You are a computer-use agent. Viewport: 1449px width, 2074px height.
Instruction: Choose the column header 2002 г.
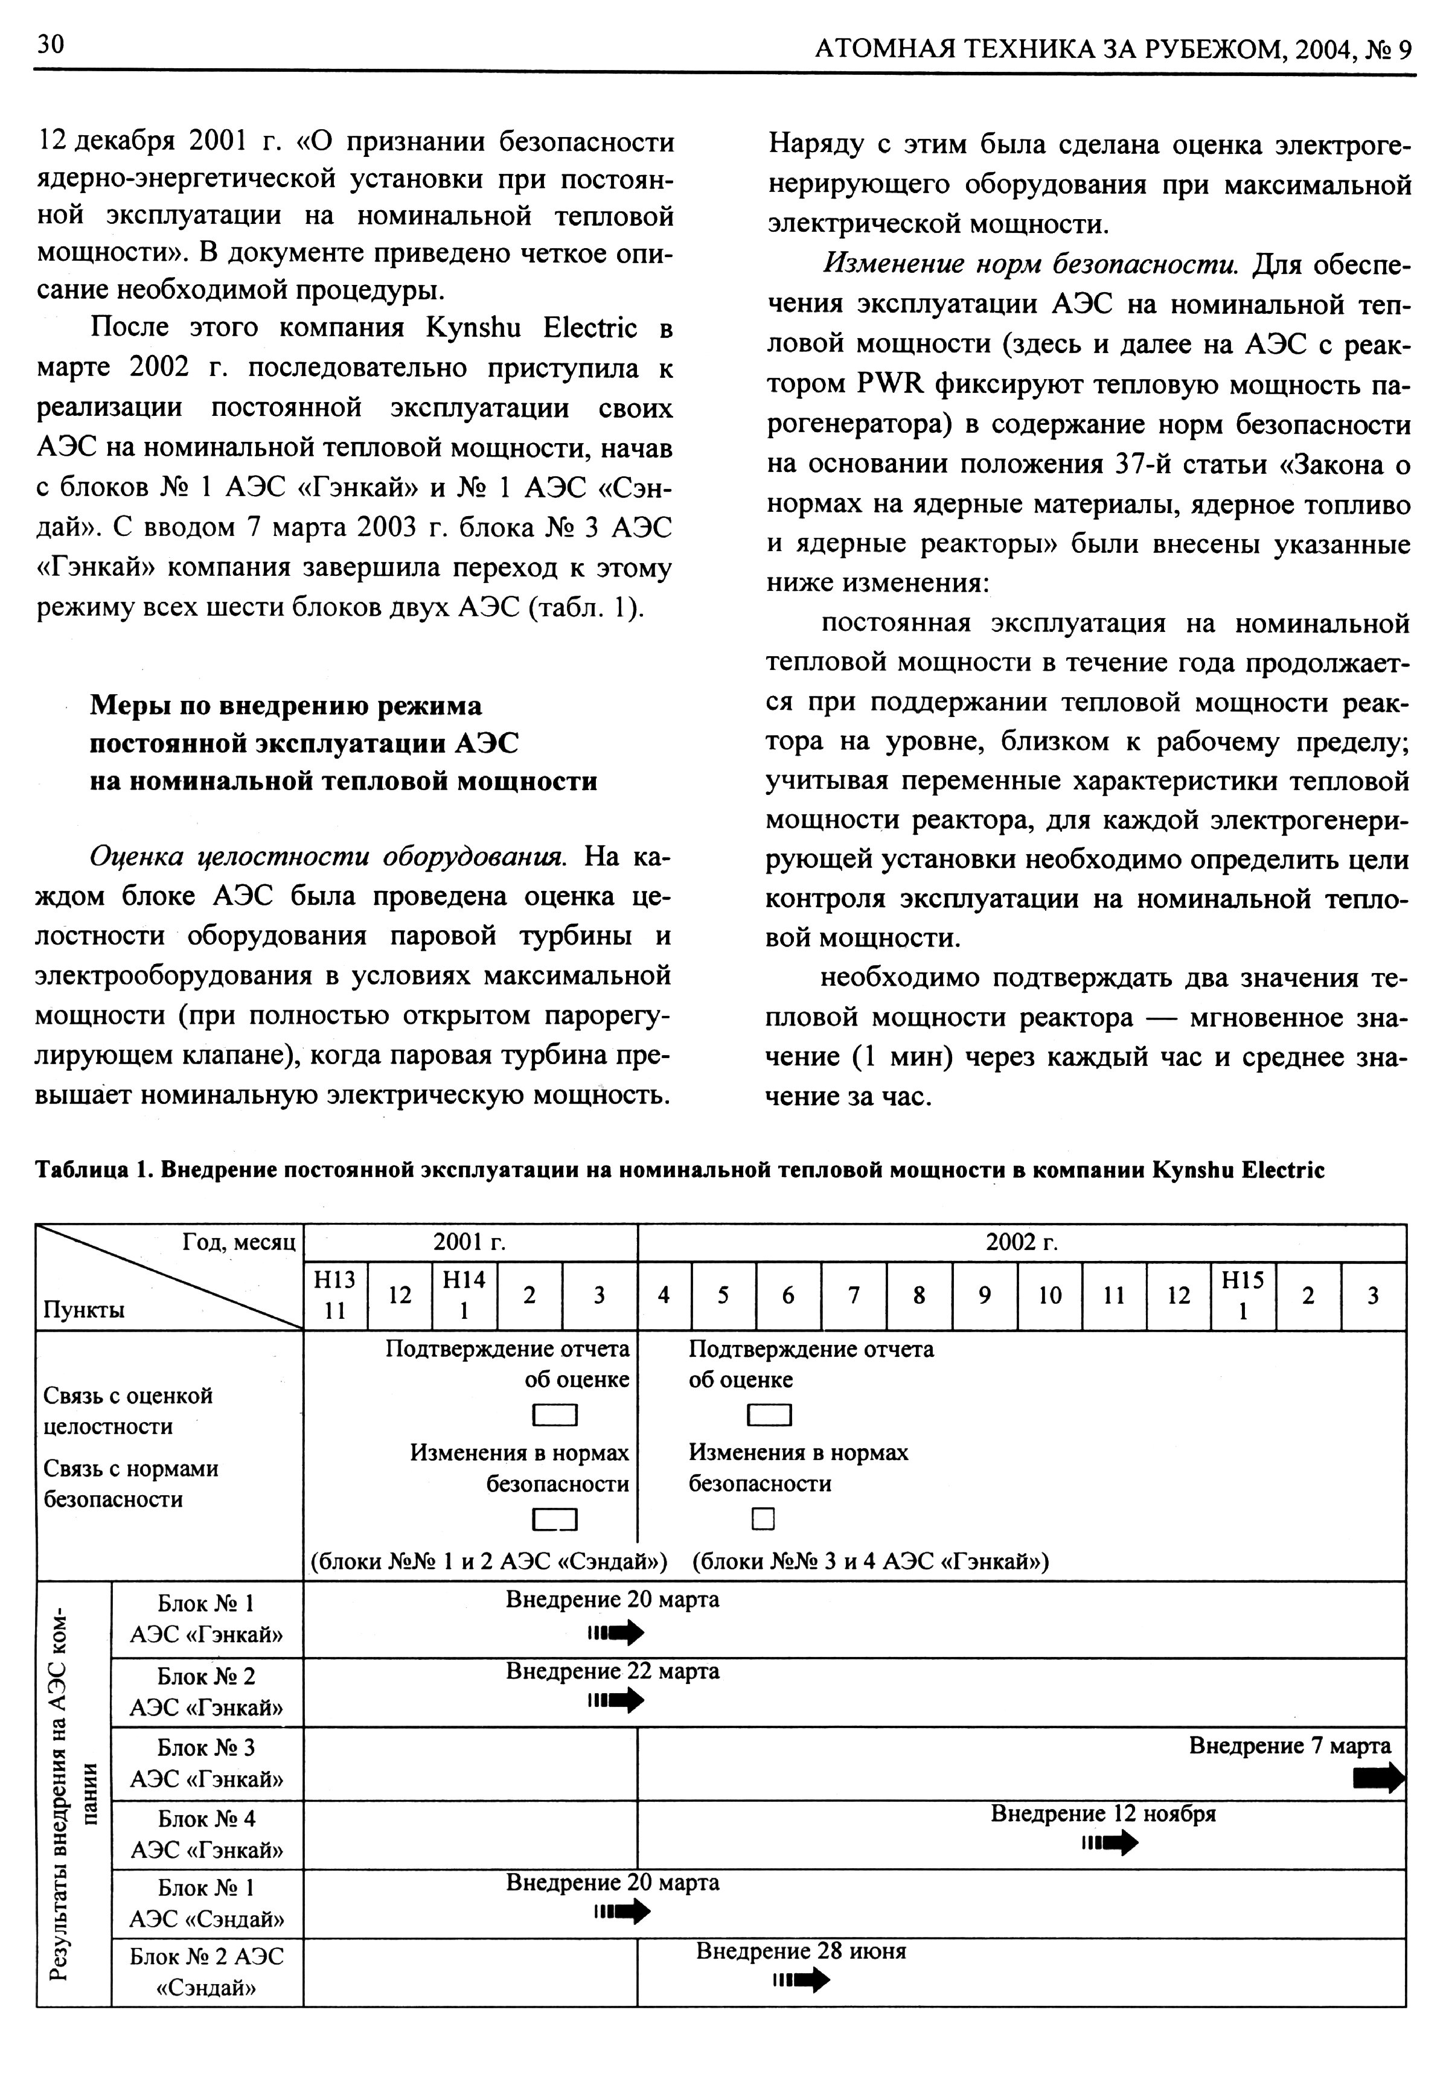click(1022, 1243)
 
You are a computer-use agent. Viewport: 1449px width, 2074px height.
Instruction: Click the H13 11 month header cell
click(335, 1295)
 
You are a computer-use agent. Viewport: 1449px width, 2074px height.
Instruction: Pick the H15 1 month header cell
click(1243, 1295)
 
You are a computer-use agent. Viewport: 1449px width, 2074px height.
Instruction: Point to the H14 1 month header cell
click(464, 1295)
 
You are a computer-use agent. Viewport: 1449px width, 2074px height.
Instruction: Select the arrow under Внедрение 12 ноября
click(1110, 1843)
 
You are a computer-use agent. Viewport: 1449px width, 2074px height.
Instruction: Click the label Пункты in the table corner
click(84, 1310)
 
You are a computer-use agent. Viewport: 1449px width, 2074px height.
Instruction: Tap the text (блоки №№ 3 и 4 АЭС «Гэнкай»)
click(870, 1561)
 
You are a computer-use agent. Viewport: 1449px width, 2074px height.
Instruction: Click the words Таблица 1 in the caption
click(91, 1170)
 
